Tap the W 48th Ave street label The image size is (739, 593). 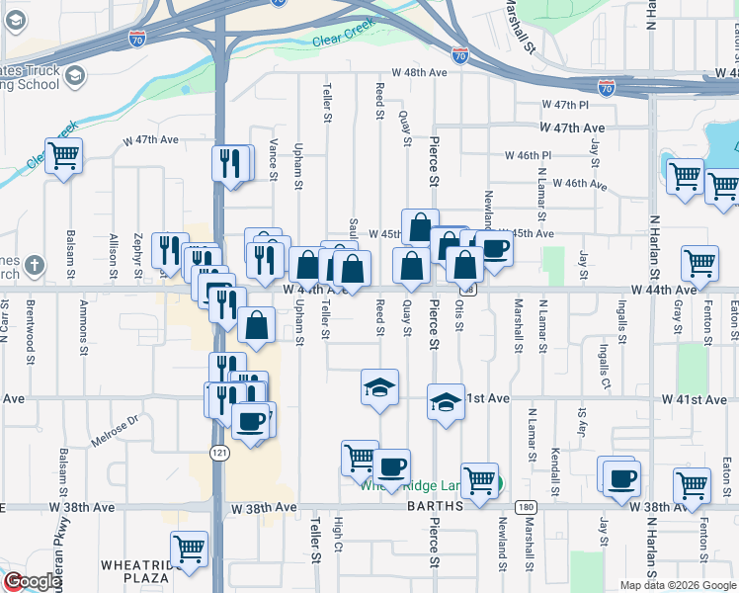point(414,72)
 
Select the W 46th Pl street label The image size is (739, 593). point(528,155)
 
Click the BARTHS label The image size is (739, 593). point(436,506)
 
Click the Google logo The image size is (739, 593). point(32,581)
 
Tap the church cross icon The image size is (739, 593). point(35,265)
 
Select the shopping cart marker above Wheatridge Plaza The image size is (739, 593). point(188,549)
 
